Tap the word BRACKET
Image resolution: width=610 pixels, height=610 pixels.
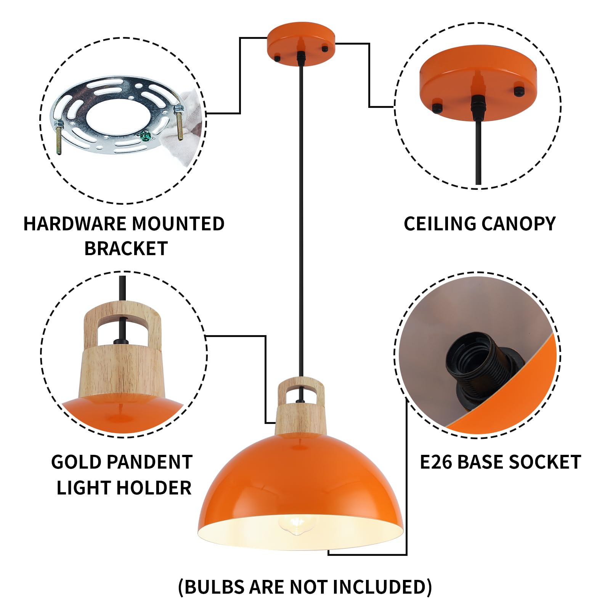[x=126, y=249]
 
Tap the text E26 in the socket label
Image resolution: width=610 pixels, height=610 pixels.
[x=436, y=462]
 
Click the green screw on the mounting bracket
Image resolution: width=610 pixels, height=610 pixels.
[x=144, y=135]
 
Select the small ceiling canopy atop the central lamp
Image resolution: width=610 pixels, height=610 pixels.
[x=301, y=43]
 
